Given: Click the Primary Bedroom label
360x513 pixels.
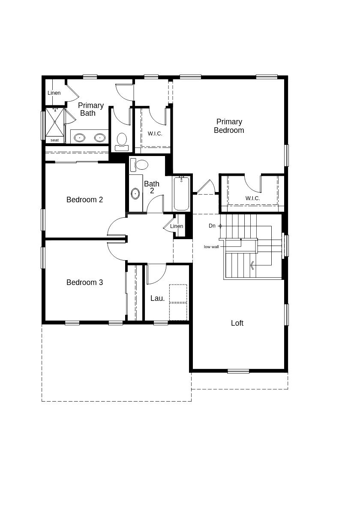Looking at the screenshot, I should [229, 126].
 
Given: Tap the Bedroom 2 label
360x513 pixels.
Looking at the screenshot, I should [84, 200].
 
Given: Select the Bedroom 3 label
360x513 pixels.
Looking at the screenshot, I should [84, 282].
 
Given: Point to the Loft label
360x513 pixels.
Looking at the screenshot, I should [237, 323].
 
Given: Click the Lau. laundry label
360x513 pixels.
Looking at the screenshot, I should [157, 298].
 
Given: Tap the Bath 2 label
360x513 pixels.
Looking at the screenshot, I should [152, 187].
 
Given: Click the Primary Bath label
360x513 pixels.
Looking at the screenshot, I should [90, 109].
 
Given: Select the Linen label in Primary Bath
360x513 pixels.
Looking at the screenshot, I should [54, 93].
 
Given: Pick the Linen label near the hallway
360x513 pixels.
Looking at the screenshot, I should [177, 226].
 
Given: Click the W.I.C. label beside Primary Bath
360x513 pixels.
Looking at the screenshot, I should [155, 134].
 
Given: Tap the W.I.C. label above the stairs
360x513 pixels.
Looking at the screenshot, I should [253, 198].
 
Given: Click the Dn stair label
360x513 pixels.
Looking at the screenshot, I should [212, 226].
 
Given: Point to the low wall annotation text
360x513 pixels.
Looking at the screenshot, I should [211, 247].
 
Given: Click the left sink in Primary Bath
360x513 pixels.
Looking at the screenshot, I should [80, 138].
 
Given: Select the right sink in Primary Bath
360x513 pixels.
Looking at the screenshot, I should [100, 138].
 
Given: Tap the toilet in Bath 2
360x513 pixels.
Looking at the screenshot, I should [139, 165].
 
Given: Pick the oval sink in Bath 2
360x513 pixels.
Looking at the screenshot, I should [135, 194].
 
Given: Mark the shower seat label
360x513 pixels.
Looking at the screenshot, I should [54, 140].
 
